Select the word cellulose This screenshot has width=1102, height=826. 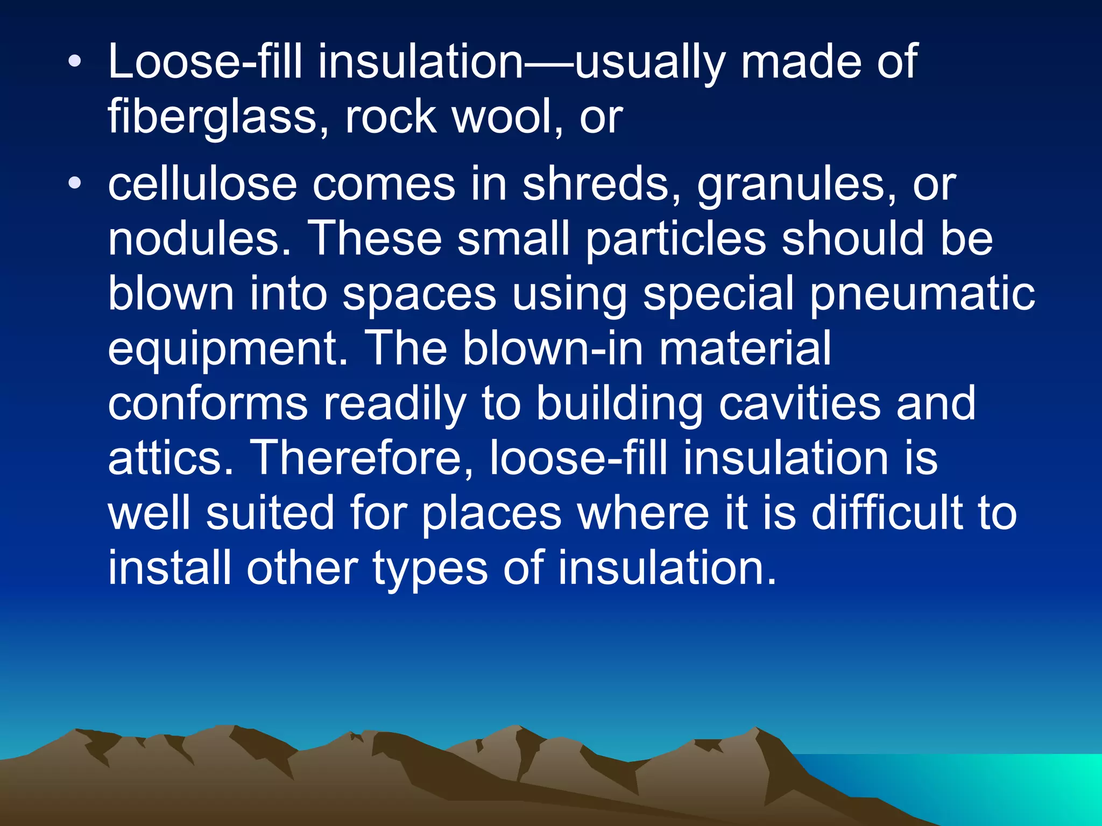point(202,184)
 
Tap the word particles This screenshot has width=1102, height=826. point(675,239)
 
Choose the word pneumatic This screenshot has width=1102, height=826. point(922,294)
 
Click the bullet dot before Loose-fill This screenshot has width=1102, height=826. point(75,62)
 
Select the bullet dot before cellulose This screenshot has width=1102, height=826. point(75,184)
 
